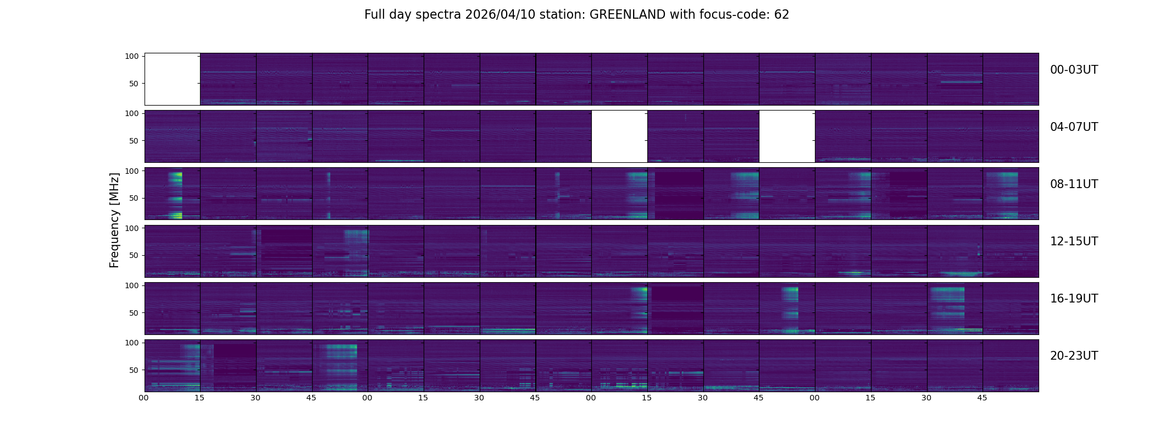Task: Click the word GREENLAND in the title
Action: coord(627,15)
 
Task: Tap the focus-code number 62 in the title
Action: coord(781,15)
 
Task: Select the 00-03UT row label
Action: coord(1074,70)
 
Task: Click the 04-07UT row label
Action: coord(1074,127)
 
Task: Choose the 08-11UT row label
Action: coord(1074,184)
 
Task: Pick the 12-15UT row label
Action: coord(1074,241)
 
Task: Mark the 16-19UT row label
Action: coord(1074,299)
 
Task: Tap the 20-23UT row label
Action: coord(1074,356)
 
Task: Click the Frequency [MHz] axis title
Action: coord(114,220)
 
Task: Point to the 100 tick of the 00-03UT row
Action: coord(132,56)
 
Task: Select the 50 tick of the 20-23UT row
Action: coord(134,370)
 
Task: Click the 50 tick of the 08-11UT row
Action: coord(134,198)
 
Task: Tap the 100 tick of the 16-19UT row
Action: coord(132,285)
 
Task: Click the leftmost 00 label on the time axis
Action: coord(144,398)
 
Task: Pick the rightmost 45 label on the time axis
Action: coord(982,398)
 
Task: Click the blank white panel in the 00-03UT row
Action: coord(172,79)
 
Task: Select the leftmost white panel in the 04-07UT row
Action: coord(619,136)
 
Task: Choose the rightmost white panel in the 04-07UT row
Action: coord(787,136)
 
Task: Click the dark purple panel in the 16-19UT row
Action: coord(675,309)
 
